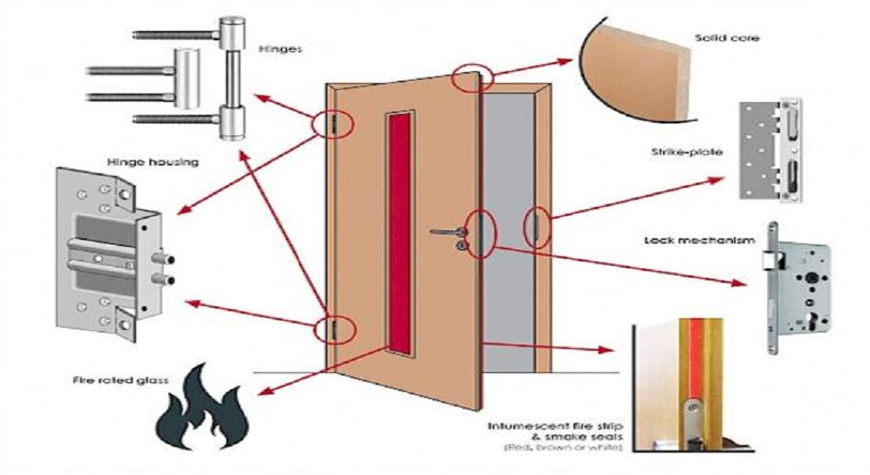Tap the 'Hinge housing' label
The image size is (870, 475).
[152, 162]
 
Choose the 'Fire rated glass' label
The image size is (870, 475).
[117, 381]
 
